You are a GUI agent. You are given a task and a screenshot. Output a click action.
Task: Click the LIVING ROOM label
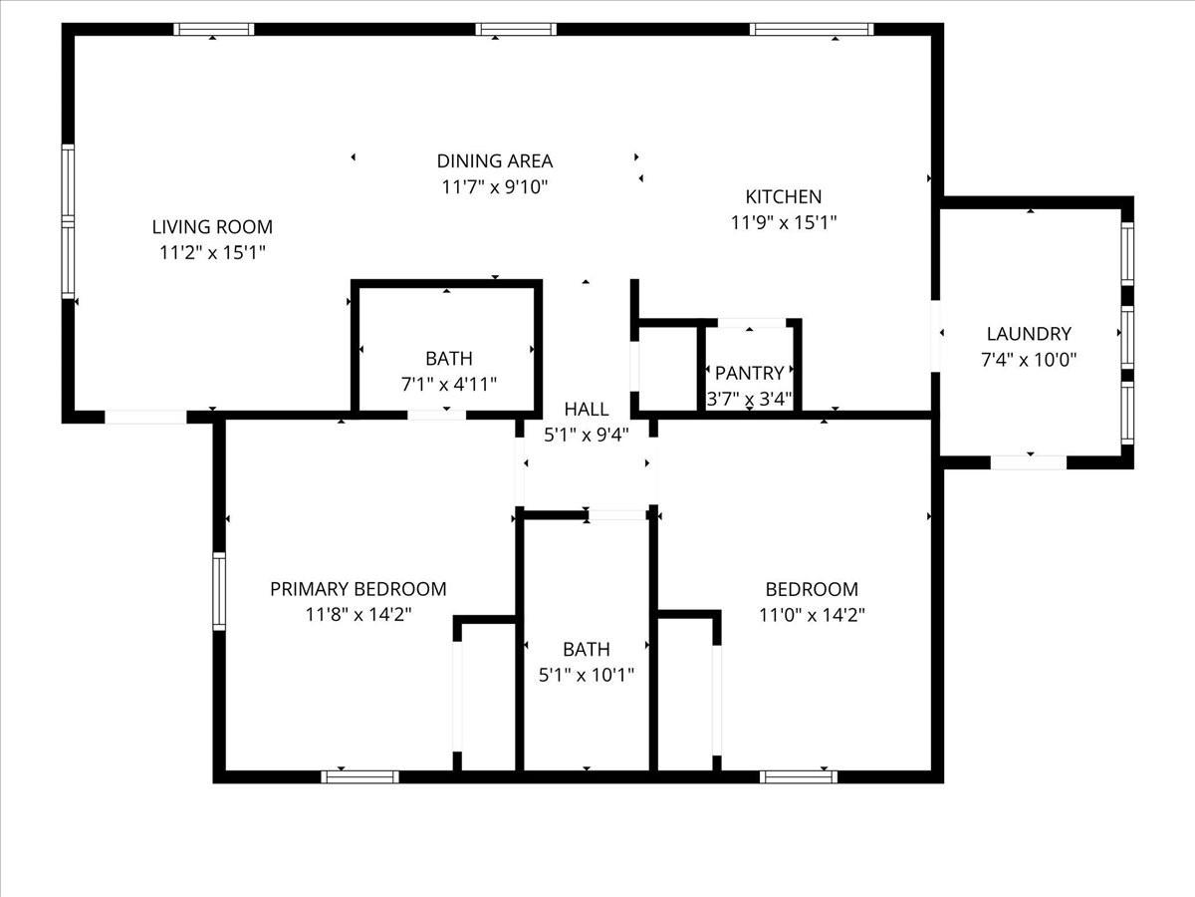212,227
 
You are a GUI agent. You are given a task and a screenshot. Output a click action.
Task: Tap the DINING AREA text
495,160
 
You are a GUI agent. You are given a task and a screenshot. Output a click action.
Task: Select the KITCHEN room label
784,196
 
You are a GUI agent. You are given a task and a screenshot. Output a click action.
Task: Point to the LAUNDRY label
1029,334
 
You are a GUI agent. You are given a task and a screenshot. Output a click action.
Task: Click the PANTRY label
750,374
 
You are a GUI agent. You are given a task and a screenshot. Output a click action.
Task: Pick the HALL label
587,409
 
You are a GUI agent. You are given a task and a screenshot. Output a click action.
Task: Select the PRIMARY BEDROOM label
358,589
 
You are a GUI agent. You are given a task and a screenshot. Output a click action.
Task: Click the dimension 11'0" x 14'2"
812,615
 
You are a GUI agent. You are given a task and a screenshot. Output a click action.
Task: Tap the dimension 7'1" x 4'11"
448,384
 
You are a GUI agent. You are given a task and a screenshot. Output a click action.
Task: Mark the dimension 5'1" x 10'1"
587,675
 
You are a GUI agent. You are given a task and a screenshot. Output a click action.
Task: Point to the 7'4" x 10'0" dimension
1029,360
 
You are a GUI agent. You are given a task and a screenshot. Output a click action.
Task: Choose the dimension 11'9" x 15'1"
784,222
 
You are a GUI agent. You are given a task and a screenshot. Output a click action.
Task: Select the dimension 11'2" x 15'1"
212,253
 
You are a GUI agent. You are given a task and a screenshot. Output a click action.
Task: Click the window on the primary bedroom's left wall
219,591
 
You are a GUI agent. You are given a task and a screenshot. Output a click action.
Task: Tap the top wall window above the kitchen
812,29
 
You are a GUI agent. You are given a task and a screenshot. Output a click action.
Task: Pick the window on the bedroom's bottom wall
799,776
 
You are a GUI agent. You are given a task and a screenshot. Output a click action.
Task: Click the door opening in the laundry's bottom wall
1029,461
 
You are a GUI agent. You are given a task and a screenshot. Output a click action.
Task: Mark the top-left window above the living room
214,29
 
